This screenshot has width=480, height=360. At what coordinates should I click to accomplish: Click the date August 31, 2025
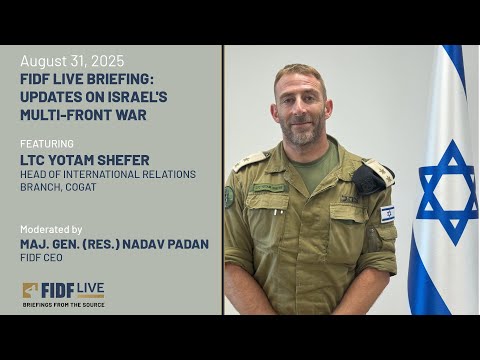(72, 62)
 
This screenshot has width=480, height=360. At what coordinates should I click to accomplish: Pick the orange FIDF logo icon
(31, 291)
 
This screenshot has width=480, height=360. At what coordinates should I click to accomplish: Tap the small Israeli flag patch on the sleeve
(387, 213)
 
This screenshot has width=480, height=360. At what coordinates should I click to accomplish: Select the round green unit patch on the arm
(229, 196)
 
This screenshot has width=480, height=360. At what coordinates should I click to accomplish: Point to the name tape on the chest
(269, 187)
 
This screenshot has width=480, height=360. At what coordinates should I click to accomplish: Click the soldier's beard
(301, 128)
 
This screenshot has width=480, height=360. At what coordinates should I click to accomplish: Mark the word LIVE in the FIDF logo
(89, 288)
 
